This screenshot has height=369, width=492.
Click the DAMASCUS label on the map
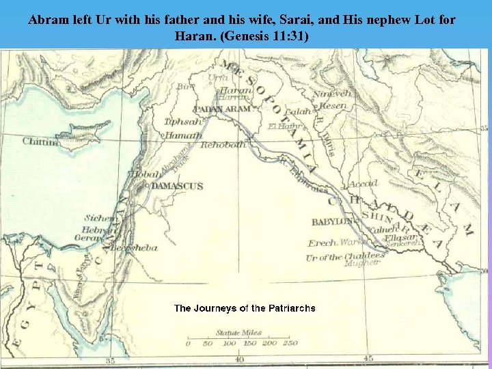tap(177, 186)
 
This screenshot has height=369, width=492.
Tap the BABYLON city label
tap(333, 222)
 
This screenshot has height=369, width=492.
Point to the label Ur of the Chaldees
tap(344, 257)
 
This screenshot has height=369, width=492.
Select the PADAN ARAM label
tap(222, 109)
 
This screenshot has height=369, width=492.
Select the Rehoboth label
tap(223, 145)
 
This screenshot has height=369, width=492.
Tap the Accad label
tap(363, 184)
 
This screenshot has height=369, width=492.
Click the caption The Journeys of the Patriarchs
tap(245, 308)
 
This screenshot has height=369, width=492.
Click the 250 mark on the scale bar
tap(290, 343)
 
